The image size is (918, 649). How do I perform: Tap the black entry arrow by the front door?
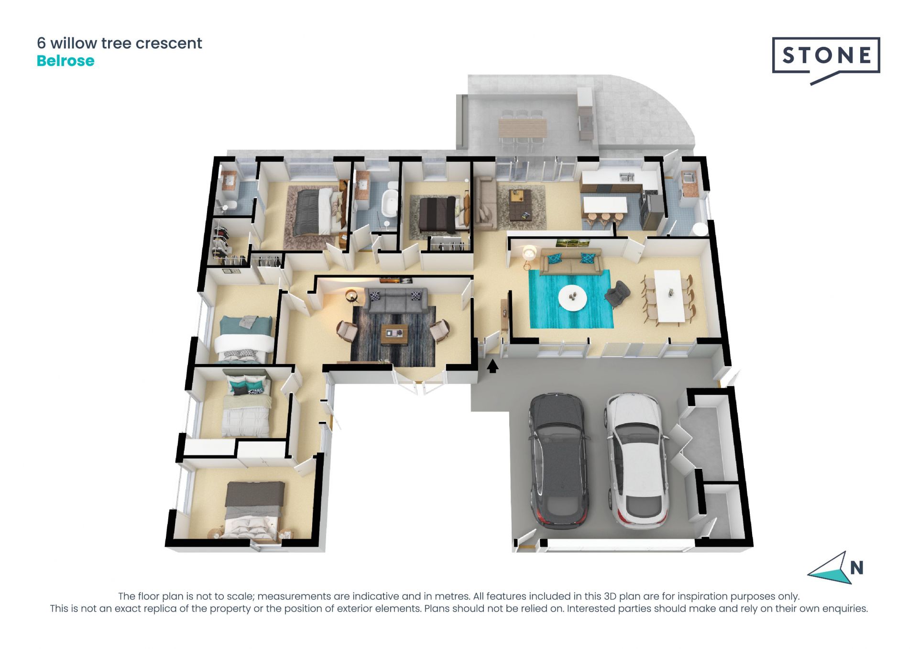tap(492, 366)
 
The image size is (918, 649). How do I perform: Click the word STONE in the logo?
tap(827, 55)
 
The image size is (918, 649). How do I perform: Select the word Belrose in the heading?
tap(66, 61)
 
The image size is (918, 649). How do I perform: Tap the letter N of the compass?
tap(857, 568)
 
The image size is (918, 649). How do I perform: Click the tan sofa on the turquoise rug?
tap(570, 262)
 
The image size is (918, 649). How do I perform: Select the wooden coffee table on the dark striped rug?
tap(394, 334)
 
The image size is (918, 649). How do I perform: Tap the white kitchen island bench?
tap(604, 205)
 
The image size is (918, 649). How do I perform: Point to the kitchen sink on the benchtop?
tap(627, 178)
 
